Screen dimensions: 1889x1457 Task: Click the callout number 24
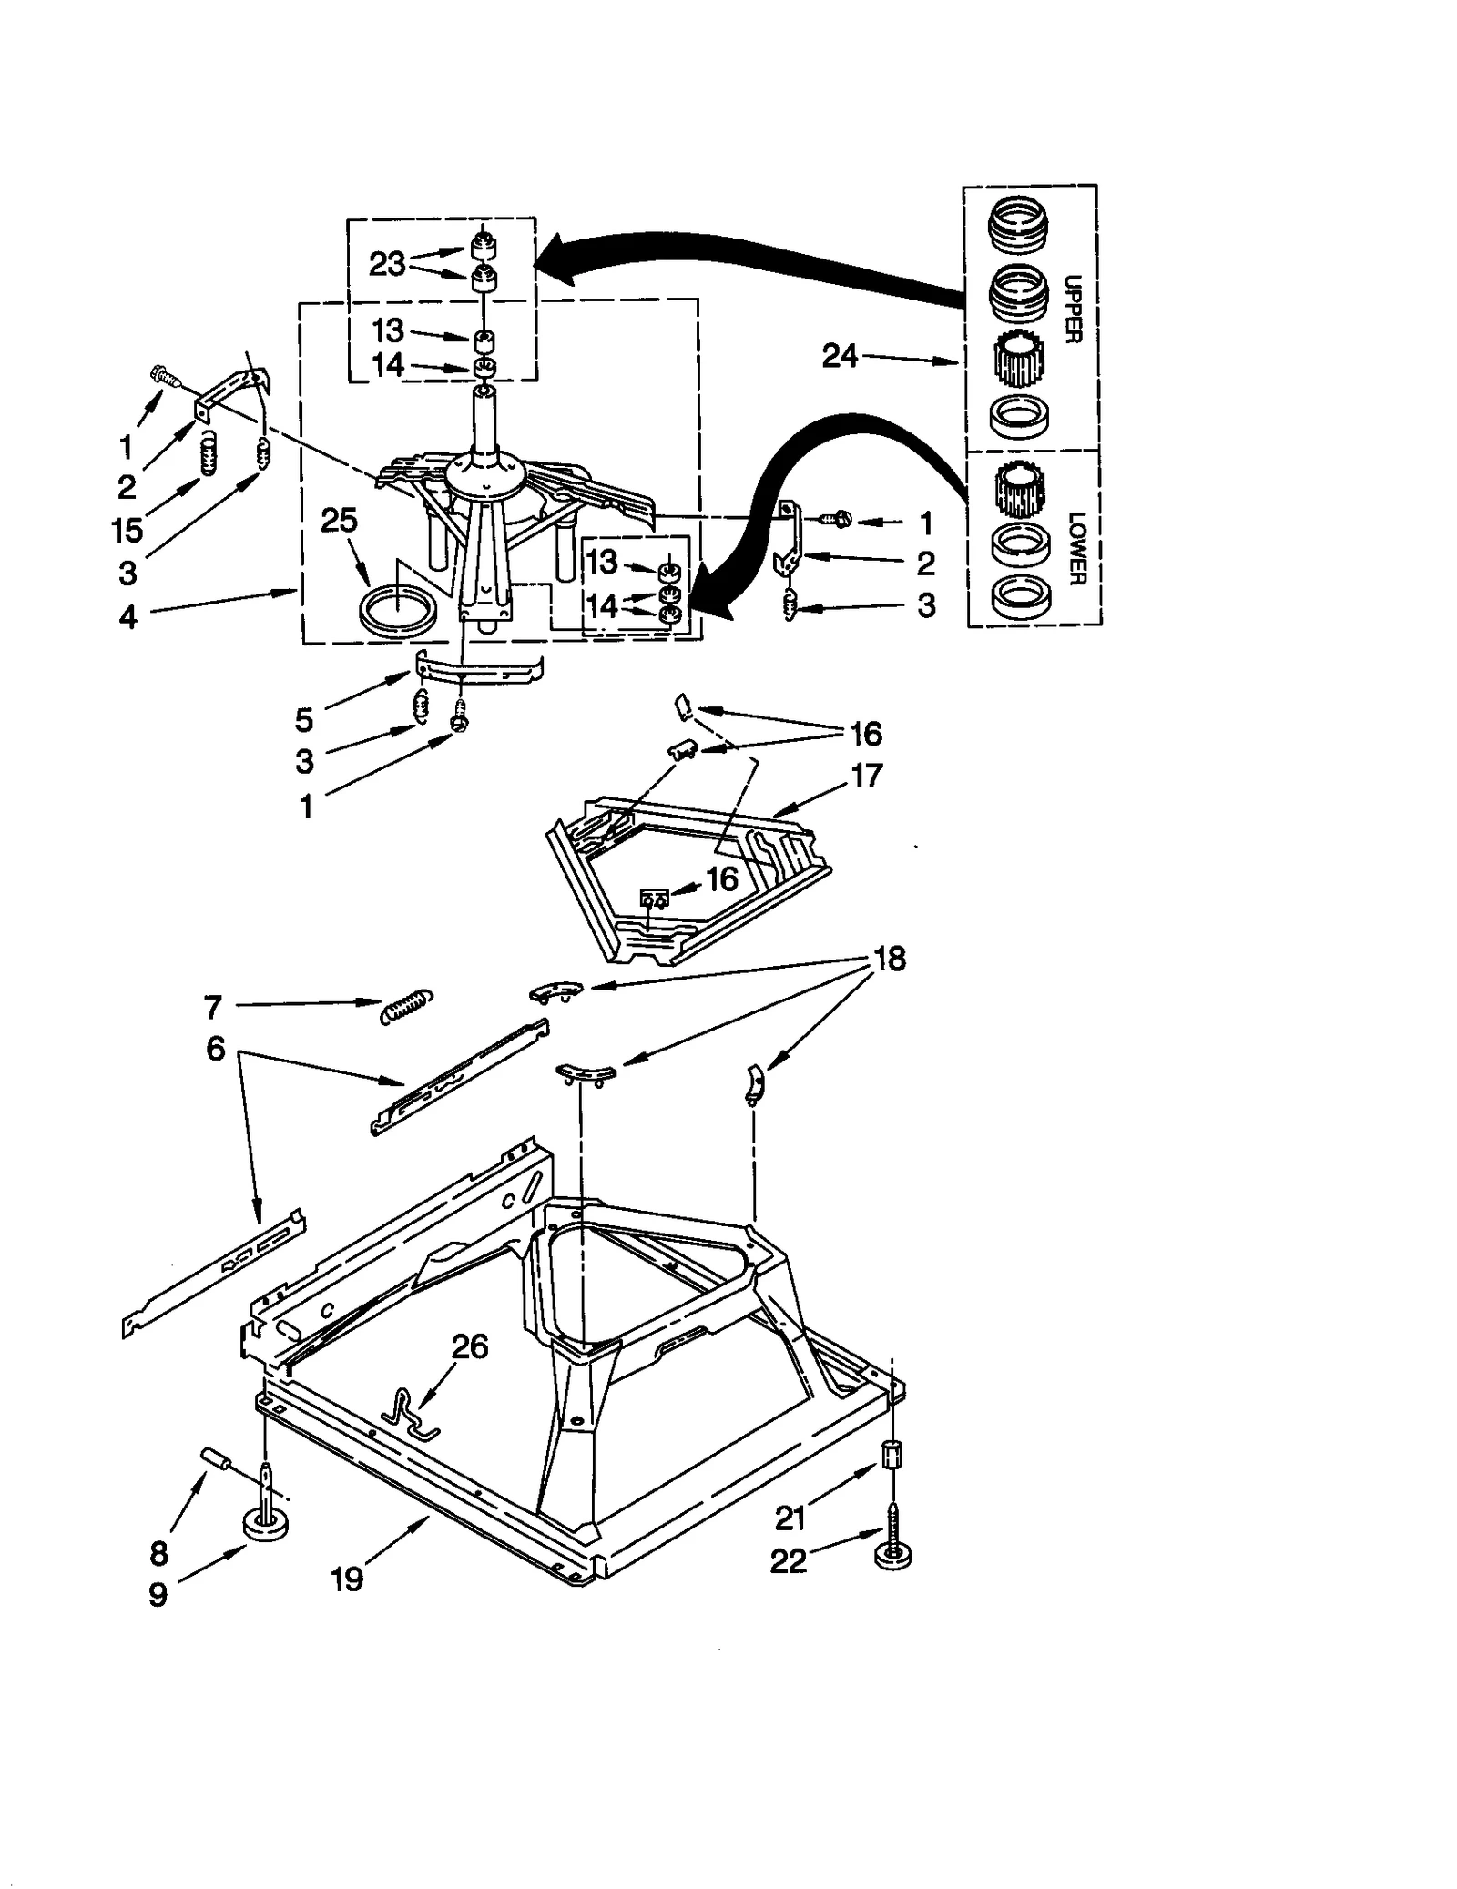tap(839, 356)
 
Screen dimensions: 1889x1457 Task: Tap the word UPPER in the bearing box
tap(1074, 309)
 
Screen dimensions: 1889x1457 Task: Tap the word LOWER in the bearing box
tap(1076, 548)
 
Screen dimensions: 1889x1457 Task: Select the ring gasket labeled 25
tap(396, 608)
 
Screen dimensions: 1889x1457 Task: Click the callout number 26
tap(470, 1346)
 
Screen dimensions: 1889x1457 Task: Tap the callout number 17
tap(866, 776)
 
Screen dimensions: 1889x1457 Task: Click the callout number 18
tap(889, 959)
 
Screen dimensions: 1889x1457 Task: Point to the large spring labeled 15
tap(209, 452)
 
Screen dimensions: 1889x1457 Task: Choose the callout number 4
tap(127, 617)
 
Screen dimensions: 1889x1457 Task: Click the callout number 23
tap(386, 264)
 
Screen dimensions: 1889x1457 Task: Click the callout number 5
tap(304, 720)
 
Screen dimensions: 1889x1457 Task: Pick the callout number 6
tap(215, 1049)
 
